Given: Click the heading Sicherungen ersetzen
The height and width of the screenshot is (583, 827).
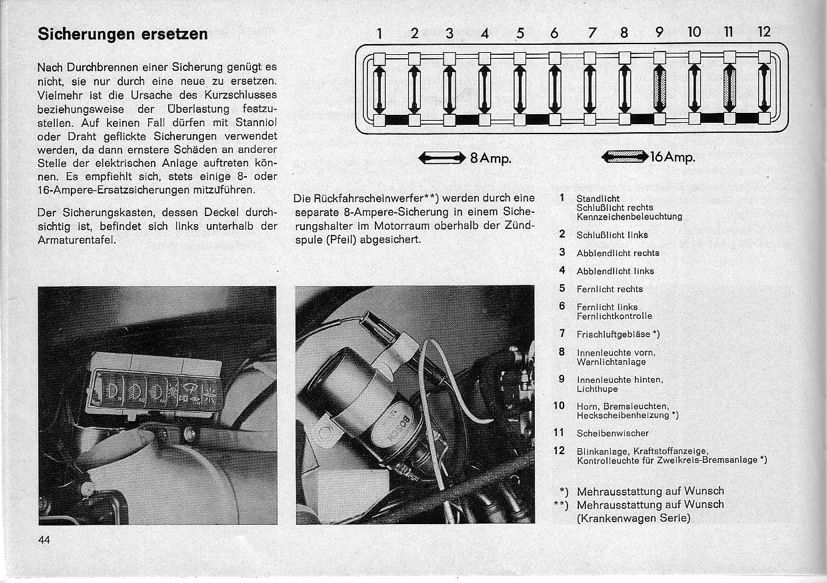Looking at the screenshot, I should (x=122, y=33).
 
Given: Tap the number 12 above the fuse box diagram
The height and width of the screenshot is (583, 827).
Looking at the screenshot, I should (x=764, y=32).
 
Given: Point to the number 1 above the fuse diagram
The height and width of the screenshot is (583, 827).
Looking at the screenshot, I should (x=379, y=33).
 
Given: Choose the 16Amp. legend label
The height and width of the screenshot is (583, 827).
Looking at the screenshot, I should (x=673, y=158).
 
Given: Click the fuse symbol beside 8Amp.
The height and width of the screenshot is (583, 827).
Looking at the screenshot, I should (x=442, y=158).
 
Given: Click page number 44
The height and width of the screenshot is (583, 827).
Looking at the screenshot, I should (x=45, y=540).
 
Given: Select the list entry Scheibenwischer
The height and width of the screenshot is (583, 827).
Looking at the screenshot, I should (x=613, y=433).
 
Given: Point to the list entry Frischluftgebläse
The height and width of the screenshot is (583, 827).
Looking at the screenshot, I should (x=618, y=333).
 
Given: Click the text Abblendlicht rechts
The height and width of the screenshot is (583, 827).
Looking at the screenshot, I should (x=618, y=253).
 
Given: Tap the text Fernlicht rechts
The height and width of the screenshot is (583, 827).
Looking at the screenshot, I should (x=610, y=289).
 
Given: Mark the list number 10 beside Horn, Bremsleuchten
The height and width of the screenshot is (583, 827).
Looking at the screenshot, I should (x=560, y=406).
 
